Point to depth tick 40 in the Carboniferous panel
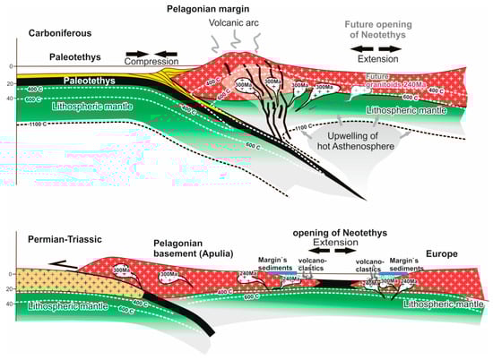(9, 99)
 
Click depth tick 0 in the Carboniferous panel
(10, 67)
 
